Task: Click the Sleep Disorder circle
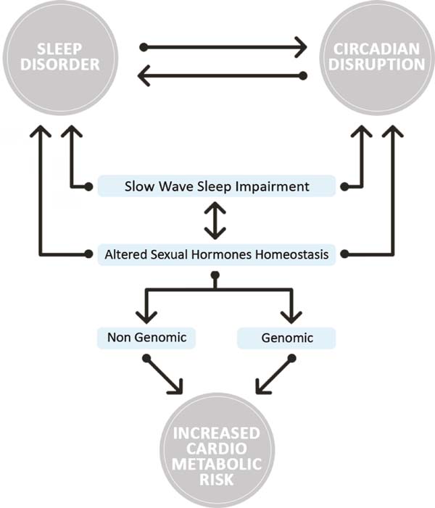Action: (x=60, y=57)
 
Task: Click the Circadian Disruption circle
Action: (x=377, y=57)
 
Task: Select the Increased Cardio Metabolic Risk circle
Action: (x=217, y=450)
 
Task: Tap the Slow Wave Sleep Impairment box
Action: (x=217, y=186)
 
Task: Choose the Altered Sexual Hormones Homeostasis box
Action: (x=217, y=254)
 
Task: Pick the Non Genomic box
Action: (x=146, y=338)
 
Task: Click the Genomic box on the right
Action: (x=286, y=338)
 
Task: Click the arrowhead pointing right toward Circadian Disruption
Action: (x=300, y=47)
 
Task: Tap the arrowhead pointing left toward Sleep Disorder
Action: (x=144, y=76)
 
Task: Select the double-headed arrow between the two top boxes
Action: (x=215, y=220)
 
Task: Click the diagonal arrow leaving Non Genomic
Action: (x=164, y=376)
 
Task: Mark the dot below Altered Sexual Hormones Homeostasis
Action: (x=215, y=275)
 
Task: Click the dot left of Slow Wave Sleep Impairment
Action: (x=88, y=187)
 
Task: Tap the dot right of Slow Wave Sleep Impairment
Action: (x=344, y=187)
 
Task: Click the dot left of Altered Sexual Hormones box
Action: (x=88, y=254)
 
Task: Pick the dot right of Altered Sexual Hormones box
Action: (x=344, y=254)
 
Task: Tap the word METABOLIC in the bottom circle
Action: (x=217, y=464)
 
